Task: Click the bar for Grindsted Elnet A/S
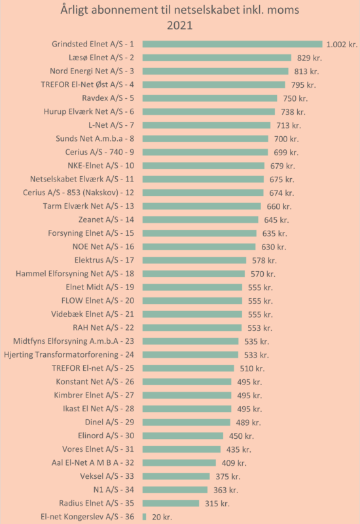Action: (x=232, y=44)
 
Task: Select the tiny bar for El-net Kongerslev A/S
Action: (x=144, y=517)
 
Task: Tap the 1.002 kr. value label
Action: (x=342, y=45)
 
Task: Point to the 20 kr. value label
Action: (x=162, y=517)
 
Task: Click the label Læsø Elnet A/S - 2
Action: (x=101, y=58)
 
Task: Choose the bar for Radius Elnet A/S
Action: (x=171, y=503)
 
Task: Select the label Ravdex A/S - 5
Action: (x=108, y=98)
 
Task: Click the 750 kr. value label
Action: (x=295, y=98)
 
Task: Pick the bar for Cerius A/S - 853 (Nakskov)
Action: (x=203, y=193)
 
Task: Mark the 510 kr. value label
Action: (x=252, y=368)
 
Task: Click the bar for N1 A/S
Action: (x=175, y=490)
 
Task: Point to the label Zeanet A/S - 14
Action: (x=106, y=219)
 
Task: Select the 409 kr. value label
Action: (x=234, y=463)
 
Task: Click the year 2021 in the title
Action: (x=179, y=26)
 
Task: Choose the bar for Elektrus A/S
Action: (x=194, y=260)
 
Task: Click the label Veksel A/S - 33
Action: (x=107, y=476)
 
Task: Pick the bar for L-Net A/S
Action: (x=206, y=125)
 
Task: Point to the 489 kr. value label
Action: (x=249, y=422)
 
